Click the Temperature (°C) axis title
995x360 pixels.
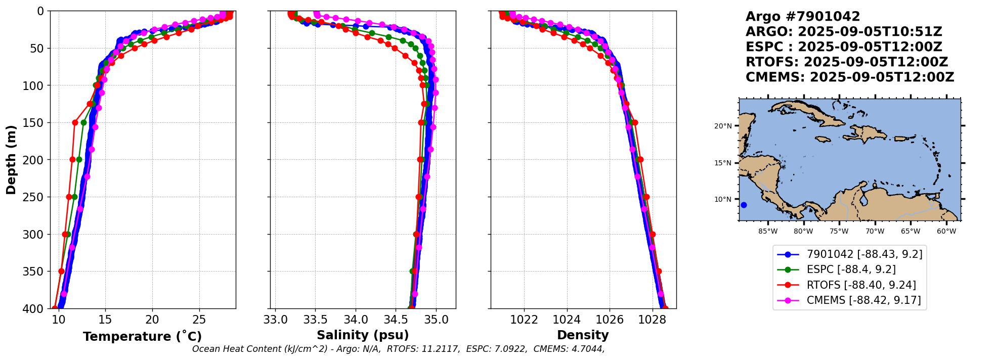tap(142, 337)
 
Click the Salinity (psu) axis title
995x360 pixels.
tap(363, 335)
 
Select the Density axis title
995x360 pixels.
tap(583, 335)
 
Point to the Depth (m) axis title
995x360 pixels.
tap(11, 160)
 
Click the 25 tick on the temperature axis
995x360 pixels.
tap(199, 320)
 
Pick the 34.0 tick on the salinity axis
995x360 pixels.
tap(356, 320)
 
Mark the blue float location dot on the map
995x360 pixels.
tap(744, 205)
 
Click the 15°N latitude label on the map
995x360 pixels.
tap(723, 163)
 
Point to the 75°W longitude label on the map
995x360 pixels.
tap(839, 232)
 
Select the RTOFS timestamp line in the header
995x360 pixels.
tap(847, 62)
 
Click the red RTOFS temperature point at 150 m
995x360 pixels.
tap(75, 122)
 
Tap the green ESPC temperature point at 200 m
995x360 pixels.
tap(79, 160)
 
